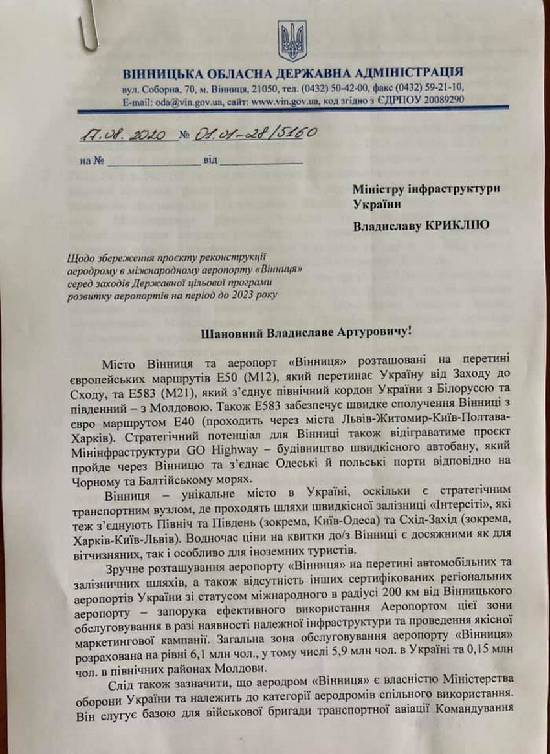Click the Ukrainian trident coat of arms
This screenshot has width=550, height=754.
(x=292, y=41)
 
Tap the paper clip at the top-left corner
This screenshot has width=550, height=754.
(x=89, y=25)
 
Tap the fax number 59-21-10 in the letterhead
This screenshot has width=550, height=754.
(x=441, y=88)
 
